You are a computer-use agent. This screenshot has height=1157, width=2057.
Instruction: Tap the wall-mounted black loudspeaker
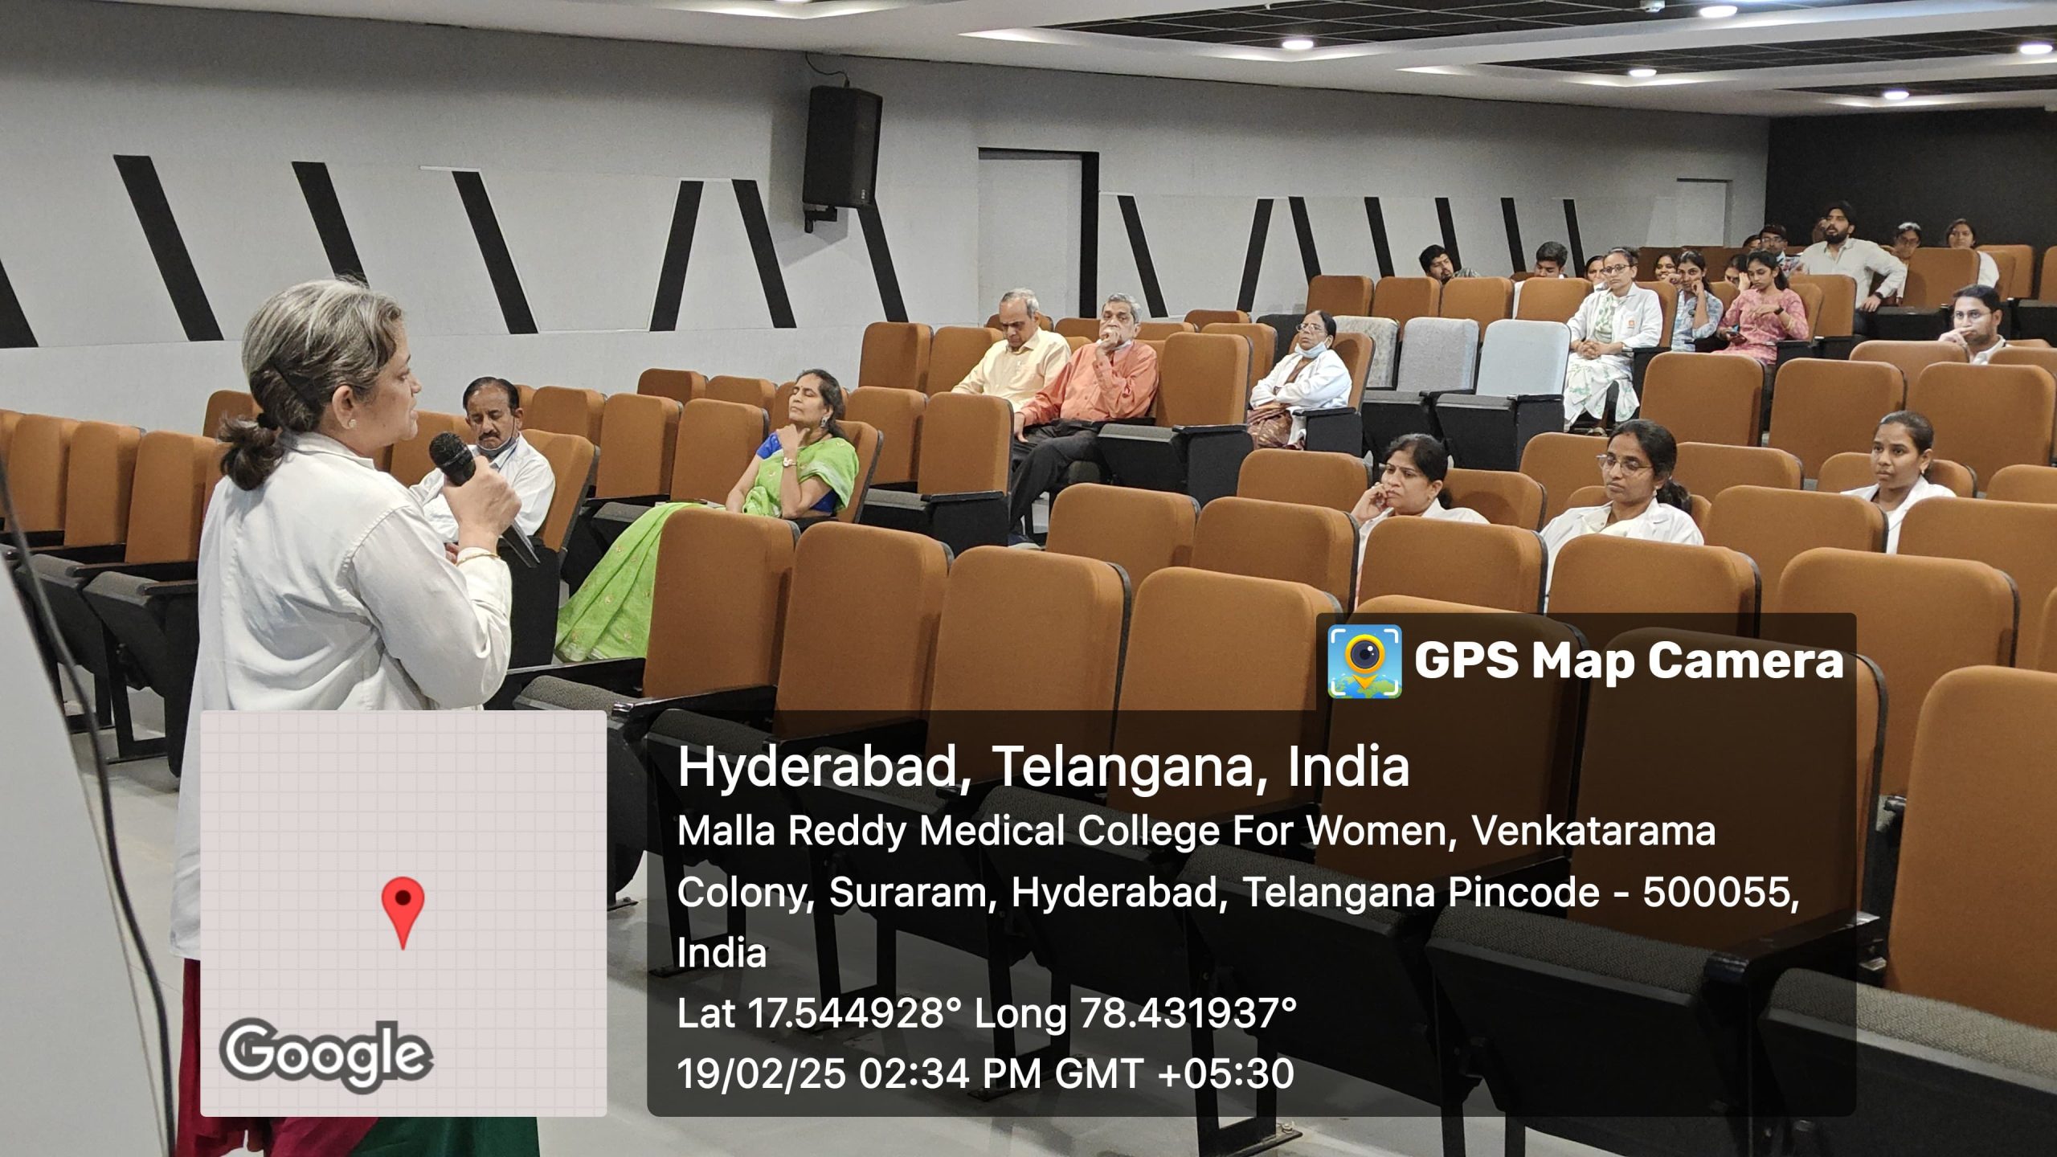click(x=841, y=148)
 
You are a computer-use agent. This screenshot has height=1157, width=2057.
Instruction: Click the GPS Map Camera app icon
click(x=1364, y=661)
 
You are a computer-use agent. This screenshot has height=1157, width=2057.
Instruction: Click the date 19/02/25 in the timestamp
click(x=761, y=1073)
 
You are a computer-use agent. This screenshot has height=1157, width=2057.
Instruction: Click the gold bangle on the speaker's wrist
click(x=480, y=556)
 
